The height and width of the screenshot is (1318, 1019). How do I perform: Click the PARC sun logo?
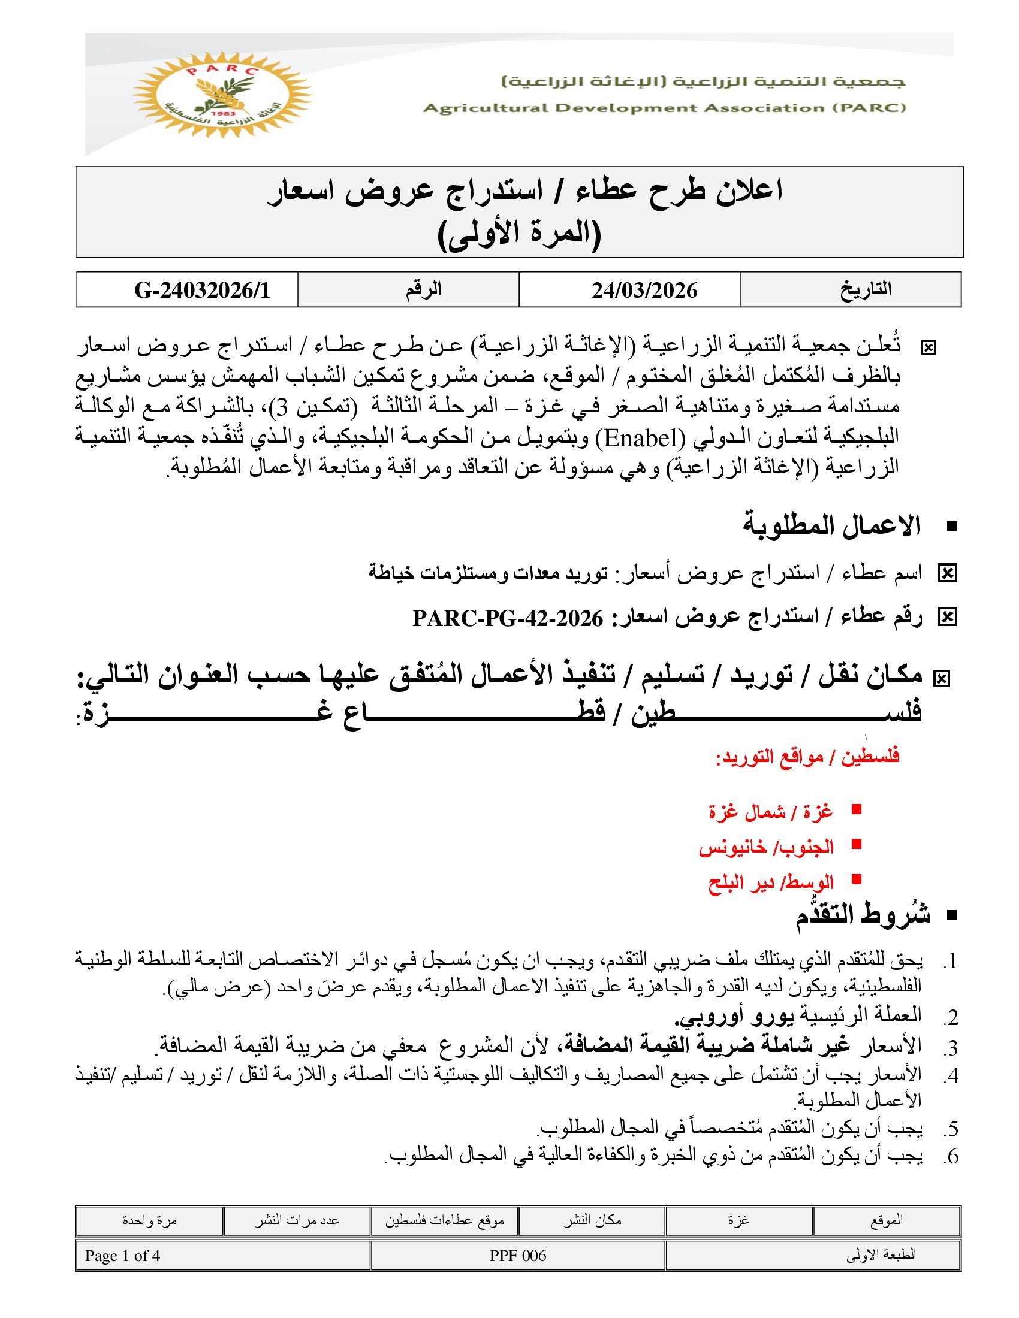pos(222,95)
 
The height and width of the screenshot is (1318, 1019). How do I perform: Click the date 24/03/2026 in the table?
pos(644,291)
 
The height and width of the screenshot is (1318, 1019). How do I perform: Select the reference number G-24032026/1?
pos(202,291)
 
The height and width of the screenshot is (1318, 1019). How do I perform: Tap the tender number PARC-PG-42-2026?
pos(508,619)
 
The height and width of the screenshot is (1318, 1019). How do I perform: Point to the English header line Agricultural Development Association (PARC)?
pos(664,108)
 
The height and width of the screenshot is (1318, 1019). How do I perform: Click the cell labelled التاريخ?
pos(866,290)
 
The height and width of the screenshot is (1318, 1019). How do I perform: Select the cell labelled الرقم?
pos(423,290)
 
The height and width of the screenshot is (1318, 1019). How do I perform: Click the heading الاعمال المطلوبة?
pos(831,525)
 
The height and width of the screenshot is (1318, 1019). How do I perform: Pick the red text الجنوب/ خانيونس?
pos(766,847)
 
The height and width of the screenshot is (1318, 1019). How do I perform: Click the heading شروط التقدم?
pos(862,915)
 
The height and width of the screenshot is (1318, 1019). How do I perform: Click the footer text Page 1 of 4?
pos(122,1256)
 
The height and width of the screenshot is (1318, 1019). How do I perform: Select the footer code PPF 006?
pos(518,1256)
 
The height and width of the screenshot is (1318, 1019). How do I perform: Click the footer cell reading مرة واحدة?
pos(150,1220)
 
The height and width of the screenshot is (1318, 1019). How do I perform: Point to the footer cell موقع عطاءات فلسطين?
pos(445,1220)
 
